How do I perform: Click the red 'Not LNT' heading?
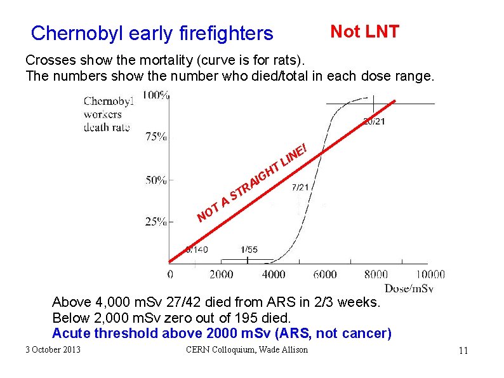point(364,32)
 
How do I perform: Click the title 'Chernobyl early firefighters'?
point(152,33)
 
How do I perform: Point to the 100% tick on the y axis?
point(156,95)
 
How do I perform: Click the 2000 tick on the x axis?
point(221,274)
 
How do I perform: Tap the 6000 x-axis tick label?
point(325,274)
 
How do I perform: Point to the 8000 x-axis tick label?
point(376,274)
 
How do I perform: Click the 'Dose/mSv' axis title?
point(409,288)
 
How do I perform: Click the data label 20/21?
point(373,122)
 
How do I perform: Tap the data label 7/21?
point(300,187)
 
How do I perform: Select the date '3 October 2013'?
point(53,349)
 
